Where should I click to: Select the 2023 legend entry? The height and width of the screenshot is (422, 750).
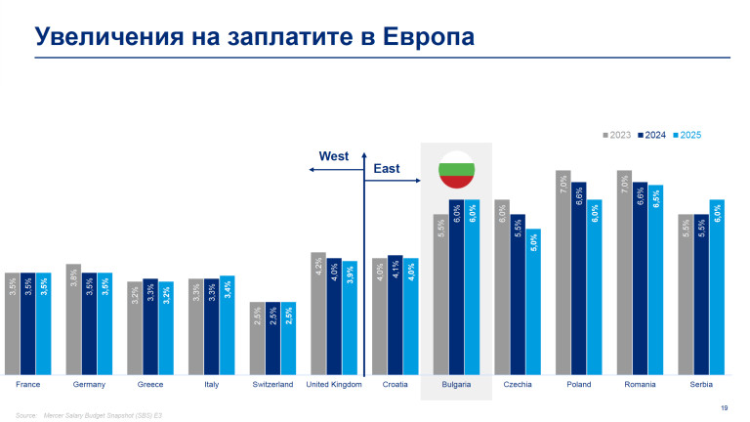click(616, 135)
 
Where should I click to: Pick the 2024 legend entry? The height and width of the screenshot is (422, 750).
click(652, 135)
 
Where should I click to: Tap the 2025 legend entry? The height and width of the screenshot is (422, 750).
click(688, 135)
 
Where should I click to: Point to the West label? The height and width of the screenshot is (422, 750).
click(333, 156)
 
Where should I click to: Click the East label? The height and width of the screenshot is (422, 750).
click(387, 169)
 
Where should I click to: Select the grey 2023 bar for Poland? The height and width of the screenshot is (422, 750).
click(562, 274)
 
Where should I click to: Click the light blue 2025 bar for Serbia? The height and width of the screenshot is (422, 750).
click(717, 288)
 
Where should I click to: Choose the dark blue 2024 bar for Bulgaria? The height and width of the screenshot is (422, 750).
click(456, 288)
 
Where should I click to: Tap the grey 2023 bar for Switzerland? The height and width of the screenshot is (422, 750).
click(257, 339)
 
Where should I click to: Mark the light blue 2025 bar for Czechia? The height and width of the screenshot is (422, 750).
click(533, 303)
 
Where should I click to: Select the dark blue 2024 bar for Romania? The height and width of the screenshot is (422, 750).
click(641, 278)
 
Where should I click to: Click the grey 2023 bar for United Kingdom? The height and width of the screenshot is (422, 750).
click(317, 314)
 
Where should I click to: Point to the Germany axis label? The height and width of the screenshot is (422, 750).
click(89, 385)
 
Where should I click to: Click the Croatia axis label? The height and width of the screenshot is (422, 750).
click(395, 385)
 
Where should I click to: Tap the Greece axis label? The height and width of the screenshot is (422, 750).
click(149, 385)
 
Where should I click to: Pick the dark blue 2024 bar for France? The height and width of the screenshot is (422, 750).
click(27, 324)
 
